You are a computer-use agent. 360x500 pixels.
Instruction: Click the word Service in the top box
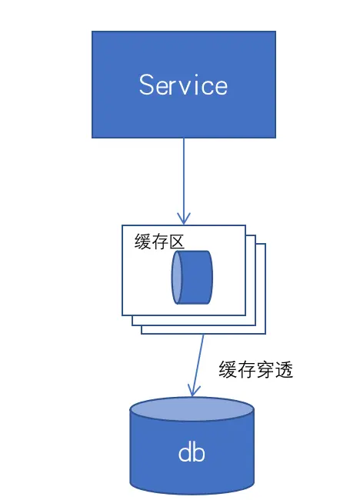point(183,85)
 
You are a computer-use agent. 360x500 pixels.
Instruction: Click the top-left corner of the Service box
point(92,32)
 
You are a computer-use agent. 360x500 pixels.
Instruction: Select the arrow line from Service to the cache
point(184,177)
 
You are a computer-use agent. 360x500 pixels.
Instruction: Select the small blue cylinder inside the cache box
point(192,277)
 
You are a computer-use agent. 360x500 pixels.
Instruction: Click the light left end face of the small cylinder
point(178,277)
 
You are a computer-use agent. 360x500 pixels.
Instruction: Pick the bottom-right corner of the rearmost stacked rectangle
point(265,333)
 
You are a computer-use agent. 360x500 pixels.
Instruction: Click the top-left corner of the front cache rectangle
point(123,226)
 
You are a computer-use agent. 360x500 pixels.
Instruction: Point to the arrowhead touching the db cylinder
point(193,393)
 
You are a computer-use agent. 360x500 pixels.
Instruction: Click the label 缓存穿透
point(256,369)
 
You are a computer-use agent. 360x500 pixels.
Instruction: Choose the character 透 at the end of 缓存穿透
point(284,369)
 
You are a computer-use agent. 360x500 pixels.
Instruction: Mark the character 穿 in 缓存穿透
point(265,369)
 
